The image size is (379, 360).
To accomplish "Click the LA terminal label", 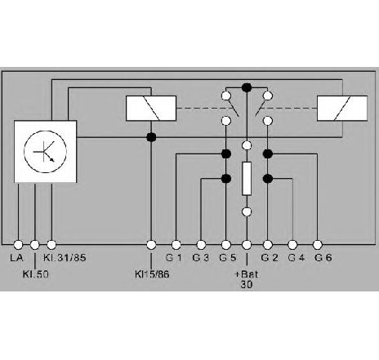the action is (x=16, y=258).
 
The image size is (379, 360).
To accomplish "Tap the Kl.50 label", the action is (x=36, y=274).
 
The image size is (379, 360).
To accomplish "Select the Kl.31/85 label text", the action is (x=65, y=258).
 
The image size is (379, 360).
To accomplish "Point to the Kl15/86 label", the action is (x=152, y=274).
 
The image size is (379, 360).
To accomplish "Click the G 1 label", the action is (x=174, y=258).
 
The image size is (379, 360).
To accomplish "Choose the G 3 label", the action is (x=201, y=258).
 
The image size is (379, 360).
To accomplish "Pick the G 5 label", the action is (x=228, y=258).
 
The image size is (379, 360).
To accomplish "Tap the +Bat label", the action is (x=247, y=273).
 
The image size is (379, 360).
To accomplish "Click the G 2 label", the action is (x=270, y=258).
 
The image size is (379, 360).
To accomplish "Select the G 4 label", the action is (x=297, y=258).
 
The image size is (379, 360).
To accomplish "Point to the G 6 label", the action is (x=323, y=258).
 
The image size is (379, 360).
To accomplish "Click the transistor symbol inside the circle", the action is (x=45, y=152).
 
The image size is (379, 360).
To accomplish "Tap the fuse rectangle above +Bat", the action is (x=247, y=179).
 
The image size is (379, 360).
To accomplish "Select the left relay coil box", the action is (x=151, y=109).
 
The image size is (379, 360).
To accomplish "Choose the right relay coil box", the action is (x=342, y=109).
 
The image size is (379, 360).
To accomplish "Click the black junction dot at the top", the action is (x=247, y=87).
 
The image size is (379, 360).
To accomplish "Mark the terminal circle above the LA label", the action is (x=18, y=245).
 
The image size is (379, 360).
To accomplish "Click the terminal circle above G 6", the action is (x=318, y=245).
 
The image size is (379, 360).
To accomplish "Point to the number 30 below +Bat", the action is (x=247, y=285).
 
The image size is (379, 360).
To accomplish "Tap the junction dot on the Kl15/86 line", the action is (x=151, y=137).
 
